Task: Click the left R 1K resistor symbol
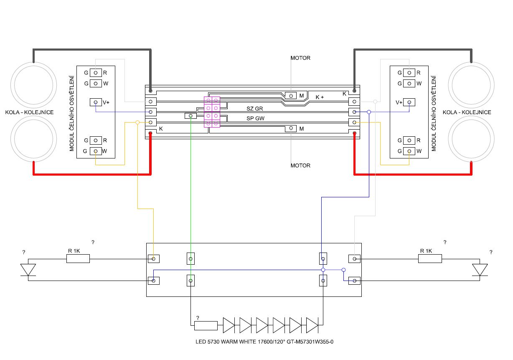[x=78, y=259]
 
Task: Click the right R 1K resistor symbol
[x=430, y=259]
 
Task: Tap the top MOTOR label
[x=300, y=58]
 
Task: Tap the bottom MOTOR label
[x=300, y=166]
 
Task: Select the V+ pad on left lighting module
[x=96, y=102]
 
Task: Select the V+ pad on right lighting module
[x=409, y=102]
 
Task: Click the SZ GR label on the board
[x=255, y=108]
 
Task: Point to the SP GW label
[x=255, y=118]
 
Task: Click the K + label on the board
[x=320, y=97]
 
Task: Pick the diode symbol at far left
[x=28, y=270]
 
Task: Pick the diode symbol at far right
[x=480, y=270]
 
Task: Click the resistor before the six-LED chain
[x=206, y=325]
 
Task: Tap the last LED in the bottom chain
[x=312, y=324]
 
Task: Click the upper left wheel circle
[x=33, y=85]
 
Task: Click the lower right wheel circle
[x=471, y=138]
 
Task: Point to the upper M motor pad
[x=290, y=95]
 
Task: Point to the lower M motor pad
[x=290, y=129]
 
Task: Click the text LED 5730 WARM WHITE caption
[x=264, y=342]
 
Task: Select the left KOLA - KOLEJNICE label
[x=29, y=112]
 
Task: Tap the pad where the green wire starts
[x=190, y=116]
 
